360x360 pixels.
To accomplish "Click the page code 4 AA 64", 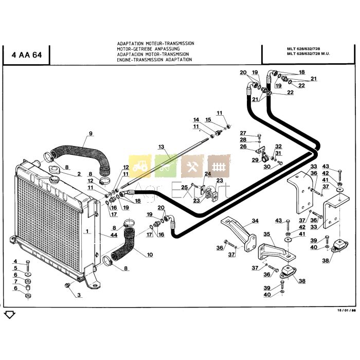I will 26,56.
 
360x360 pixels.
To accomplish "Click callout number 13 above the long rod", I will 160,147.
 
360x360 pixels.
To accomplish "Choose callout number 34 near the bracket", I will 255,222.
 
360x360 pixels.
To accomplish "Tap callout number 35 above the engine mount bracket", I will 266,234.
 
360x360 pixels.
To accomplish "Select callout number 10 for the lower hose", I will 150,255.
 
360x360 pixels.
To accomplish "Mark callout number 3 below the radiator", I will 79,295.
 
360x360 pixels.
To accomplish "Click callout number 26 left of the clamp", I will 243,146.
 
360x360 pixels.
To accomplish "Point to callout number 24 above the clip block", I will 208,173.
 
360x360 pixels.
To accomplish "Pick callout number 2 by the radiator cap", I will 79,174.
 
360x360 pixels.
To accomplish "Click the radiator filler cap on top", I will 53,180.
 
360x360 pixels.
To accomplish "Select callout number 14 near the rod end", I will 196,120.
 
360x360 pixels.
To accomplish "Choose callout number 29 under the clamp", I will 255,160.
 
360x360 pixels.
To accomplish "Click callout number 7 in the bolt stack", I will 15,281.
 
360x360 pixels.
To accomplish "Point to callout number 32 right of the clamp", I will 278,147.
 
